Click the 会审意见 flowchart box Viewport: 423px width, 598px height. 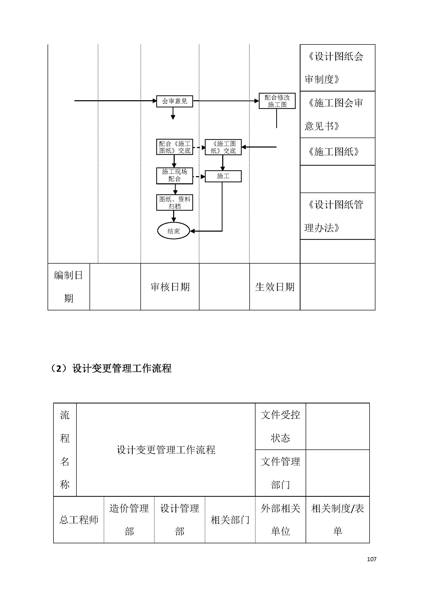pyautogui.click(x=174, y=101)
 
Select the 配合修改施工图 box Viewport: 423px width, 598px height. pyautogui.click(x=277, y=101)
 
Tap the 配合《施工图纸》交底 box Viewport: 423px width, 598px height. pyautogui.click(x=174, y=147)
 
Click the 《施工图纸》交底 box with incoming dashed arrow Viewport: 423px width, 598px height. pyautogui.click(x=223, y=147)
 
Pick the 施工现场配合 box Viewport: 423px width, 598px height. pyautogui.click(x=174, y=176)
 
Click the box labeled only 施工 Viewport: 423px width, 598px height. pyautogui.click(x=223, y=176)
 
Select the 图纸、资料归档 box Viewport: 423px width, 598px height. pyautogui.click(x=174, y=202)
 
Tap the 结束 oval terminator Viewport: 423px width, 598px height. pyautogui.click(x=173, y=231)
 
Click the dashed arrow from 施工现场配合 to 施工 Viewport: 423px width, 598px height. pyautogui.click(x=199, y=177)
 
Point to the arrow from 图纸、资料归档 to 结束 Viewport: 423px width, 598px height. pyautogui.click(x=174, y=216)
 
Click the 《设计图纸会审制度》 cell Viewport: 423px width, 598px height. pyautogui.click(x=337, y=68)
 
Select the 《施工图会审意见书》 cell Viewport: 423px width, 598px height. pyautogui.click(x=337, y=114)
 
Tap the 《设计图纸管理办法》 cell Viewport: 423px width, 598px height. pyautogui.click(x=337, y=216)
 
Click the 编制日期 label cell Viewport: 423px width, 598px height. pyautogui.click(x=69, y=287)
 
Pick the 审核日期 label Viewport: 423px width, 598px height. pyautogui.click(x=170, y=287)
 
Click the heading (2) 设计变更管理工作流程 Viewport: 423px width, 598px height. pyautogui.click(x=110, y=368)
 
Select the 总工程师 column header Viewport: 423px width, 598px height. pyautogui.click(x=79, y=520)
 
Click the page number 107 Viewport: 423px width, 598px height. pyautogui.click(x=371, y=559)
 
